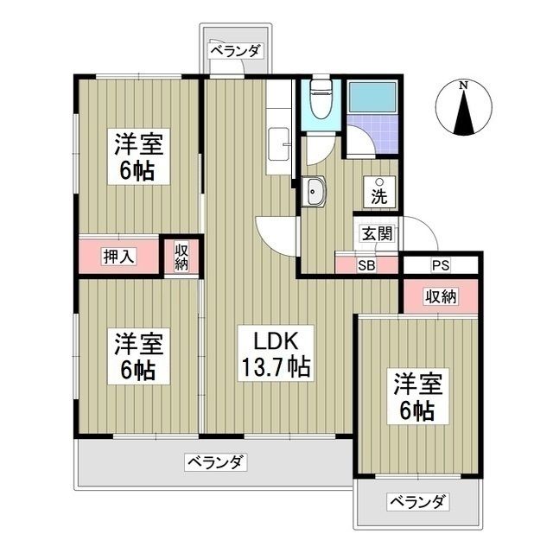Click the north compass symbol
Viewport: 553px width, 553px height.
click(464, 109)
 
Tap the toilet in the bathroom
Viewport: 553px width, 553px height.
click(321, 103)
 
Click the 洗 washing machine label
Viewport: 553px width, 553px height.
click(378, 194)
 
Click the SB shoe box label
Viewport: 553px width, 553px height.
click(366, 265)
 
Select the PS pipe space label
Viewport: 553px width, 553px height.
click(440, 265)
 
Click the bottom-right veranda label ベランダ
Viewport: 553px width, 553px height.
click(417, 502)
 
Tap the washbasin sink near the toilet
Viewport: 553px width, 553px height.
click(313, 192)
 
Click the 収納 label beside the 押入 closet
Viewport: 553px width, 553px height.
click(181, 256)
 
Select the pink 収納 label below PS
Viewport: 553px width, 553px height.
click(439, 296)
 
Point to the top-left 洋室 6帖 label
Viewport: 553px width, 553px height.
click(136, 156)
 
